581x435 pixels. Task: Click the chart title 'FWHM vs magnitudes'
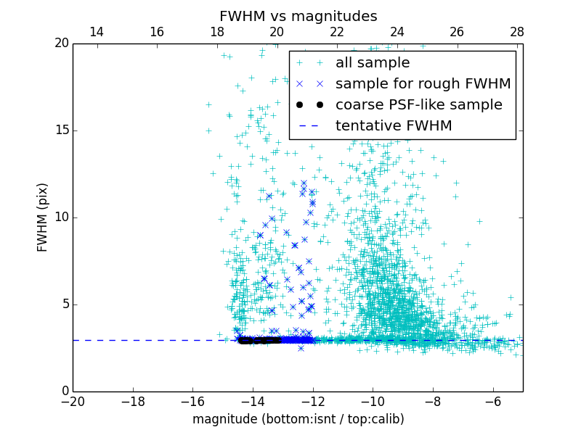[298, 16]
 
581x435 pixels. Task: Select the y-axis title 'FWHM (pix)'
[43, 217]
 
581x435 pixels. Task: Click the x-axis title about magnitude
[298, 419]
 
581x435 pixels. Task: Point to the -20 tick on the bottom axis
[73, 402]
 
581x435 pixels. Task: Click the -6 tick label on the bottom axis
[492, 402]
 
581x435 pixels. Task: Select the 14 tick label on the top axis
[96, 32]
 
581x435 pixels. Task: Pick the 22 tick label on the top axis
[337, 32]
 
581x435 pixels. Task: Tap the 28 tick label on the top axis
[517, 32]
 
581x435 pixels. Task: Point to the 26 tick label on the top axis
[457, 32]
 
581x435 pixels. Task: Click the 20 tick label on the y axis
[61, 43]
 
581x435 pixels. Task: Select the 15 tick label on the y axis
[61, 130]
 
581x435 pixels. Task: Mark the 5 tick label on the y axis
[64, 304]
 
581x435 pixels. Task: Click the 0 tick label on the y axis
[64, 391]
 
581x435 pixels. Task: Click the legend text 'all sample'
[373, 63]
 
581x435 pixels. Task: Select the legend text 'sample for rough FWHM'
[423, 84]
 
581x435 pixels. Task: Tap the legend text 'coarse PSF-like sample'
[418, 105]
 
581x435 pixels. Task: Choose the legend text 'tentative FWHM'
[394, 126]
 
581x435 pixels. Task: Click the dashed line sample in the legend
[309, 126]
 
